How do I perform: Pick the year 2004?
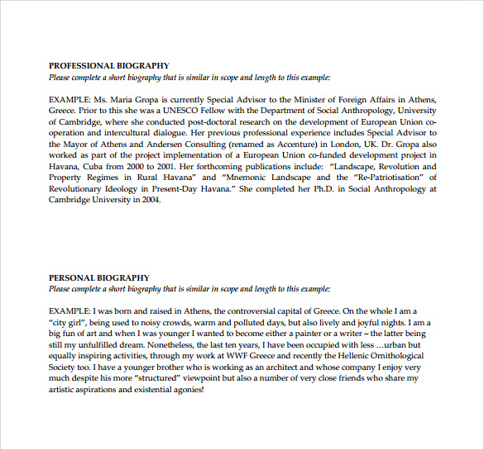point(146,200)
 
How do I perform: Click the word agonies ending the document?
point(184,389)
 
